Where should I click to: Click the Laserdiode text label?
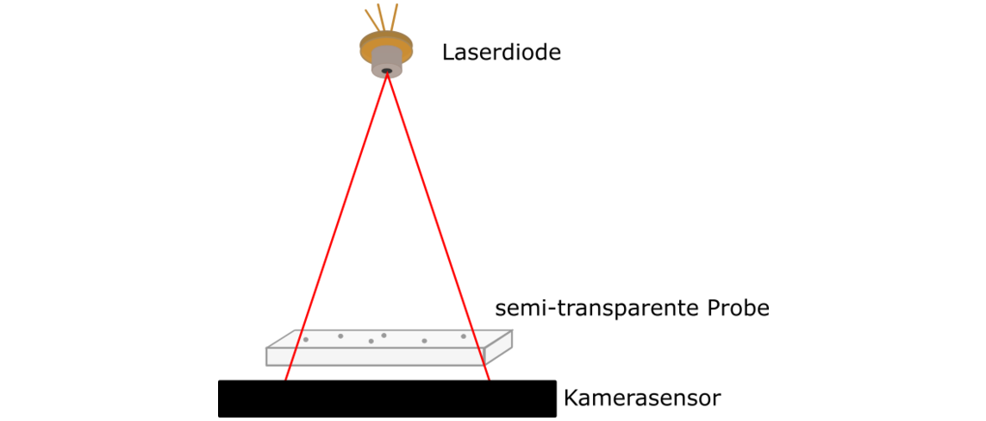click(501, 53)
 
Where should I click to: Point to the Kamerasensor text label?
click(641, 399)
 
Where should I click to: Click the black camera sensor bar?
click(387, 399)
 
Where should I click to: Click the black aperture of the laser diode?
click(387, 70)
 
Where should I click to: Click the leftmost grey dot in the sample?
click(306, 340)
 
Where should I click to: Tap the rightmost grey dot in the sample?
click(463, 336)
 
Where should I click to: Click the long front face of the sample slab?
click(375, 356)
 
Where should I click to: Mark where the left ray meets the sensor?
click(285, 380)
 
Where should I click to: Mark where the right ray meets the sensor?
click(489, 380)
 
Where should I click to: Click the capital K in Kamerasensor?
click(570, 399)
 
